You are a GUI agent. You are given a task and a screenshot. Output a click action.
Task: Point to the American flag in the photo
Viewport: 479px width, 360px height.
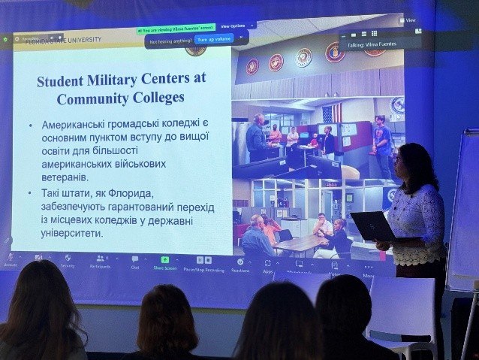coord(331,113)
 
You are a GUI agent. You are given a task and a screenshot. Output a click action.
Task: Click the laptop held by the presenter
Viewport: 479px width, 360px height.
coord(373,225)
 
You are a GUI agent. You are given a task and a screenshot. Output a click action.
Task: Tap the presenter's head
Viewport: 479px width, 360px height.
coord(415,161)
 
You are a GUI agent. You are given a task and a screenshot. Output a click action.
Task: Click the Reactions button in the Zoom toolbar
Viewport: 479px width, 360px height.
coord(240,264)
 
